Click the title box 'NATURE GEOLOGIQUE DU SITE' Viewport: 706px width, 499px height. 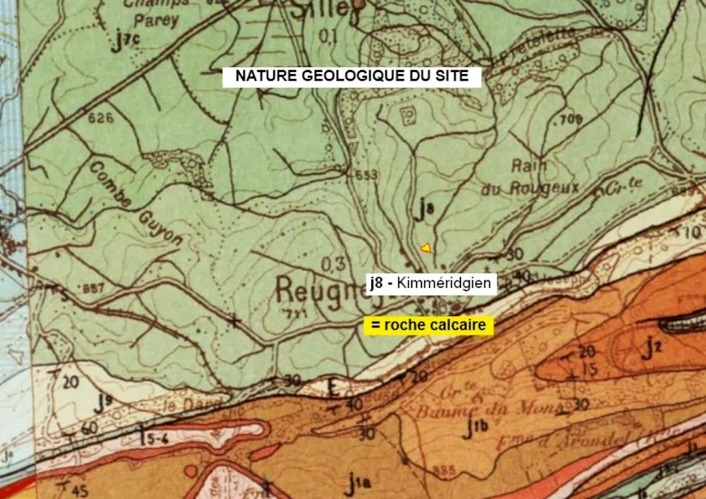click(352, 76)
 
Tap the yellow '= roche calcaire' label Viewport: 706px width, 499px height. click(428, 325)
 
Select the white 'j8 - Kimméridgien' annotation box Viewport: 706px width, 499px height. click(432, 283)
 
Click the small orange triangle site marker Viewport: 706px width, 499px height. click(425, 247)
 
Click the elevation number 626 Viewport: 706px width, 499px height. click(101, 119)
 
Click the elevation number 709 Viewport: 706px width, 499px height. click(569, 119)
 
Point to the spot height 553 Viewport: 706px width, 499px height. click(366, 175)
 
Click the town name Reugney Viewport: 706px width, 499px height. click(321, 289)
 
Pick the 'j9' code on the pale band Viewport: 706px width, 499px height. click(104, 402)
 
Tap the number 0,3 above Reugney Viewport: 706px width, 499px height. click(332, 264)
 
